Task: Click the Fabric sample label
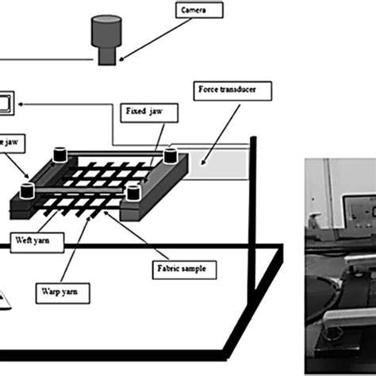pyautogui.click(x=182, y=269)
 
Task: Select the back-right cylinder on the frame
pyautogui.click(x=170, y=155)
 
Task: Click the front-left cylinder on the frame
pyautogui.click(x=28, y=190)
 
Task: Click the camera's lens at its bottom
pyautogui.click(x=104, y=56)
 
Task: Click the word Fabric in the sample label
pyautogui.click(x=171, y=269)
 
